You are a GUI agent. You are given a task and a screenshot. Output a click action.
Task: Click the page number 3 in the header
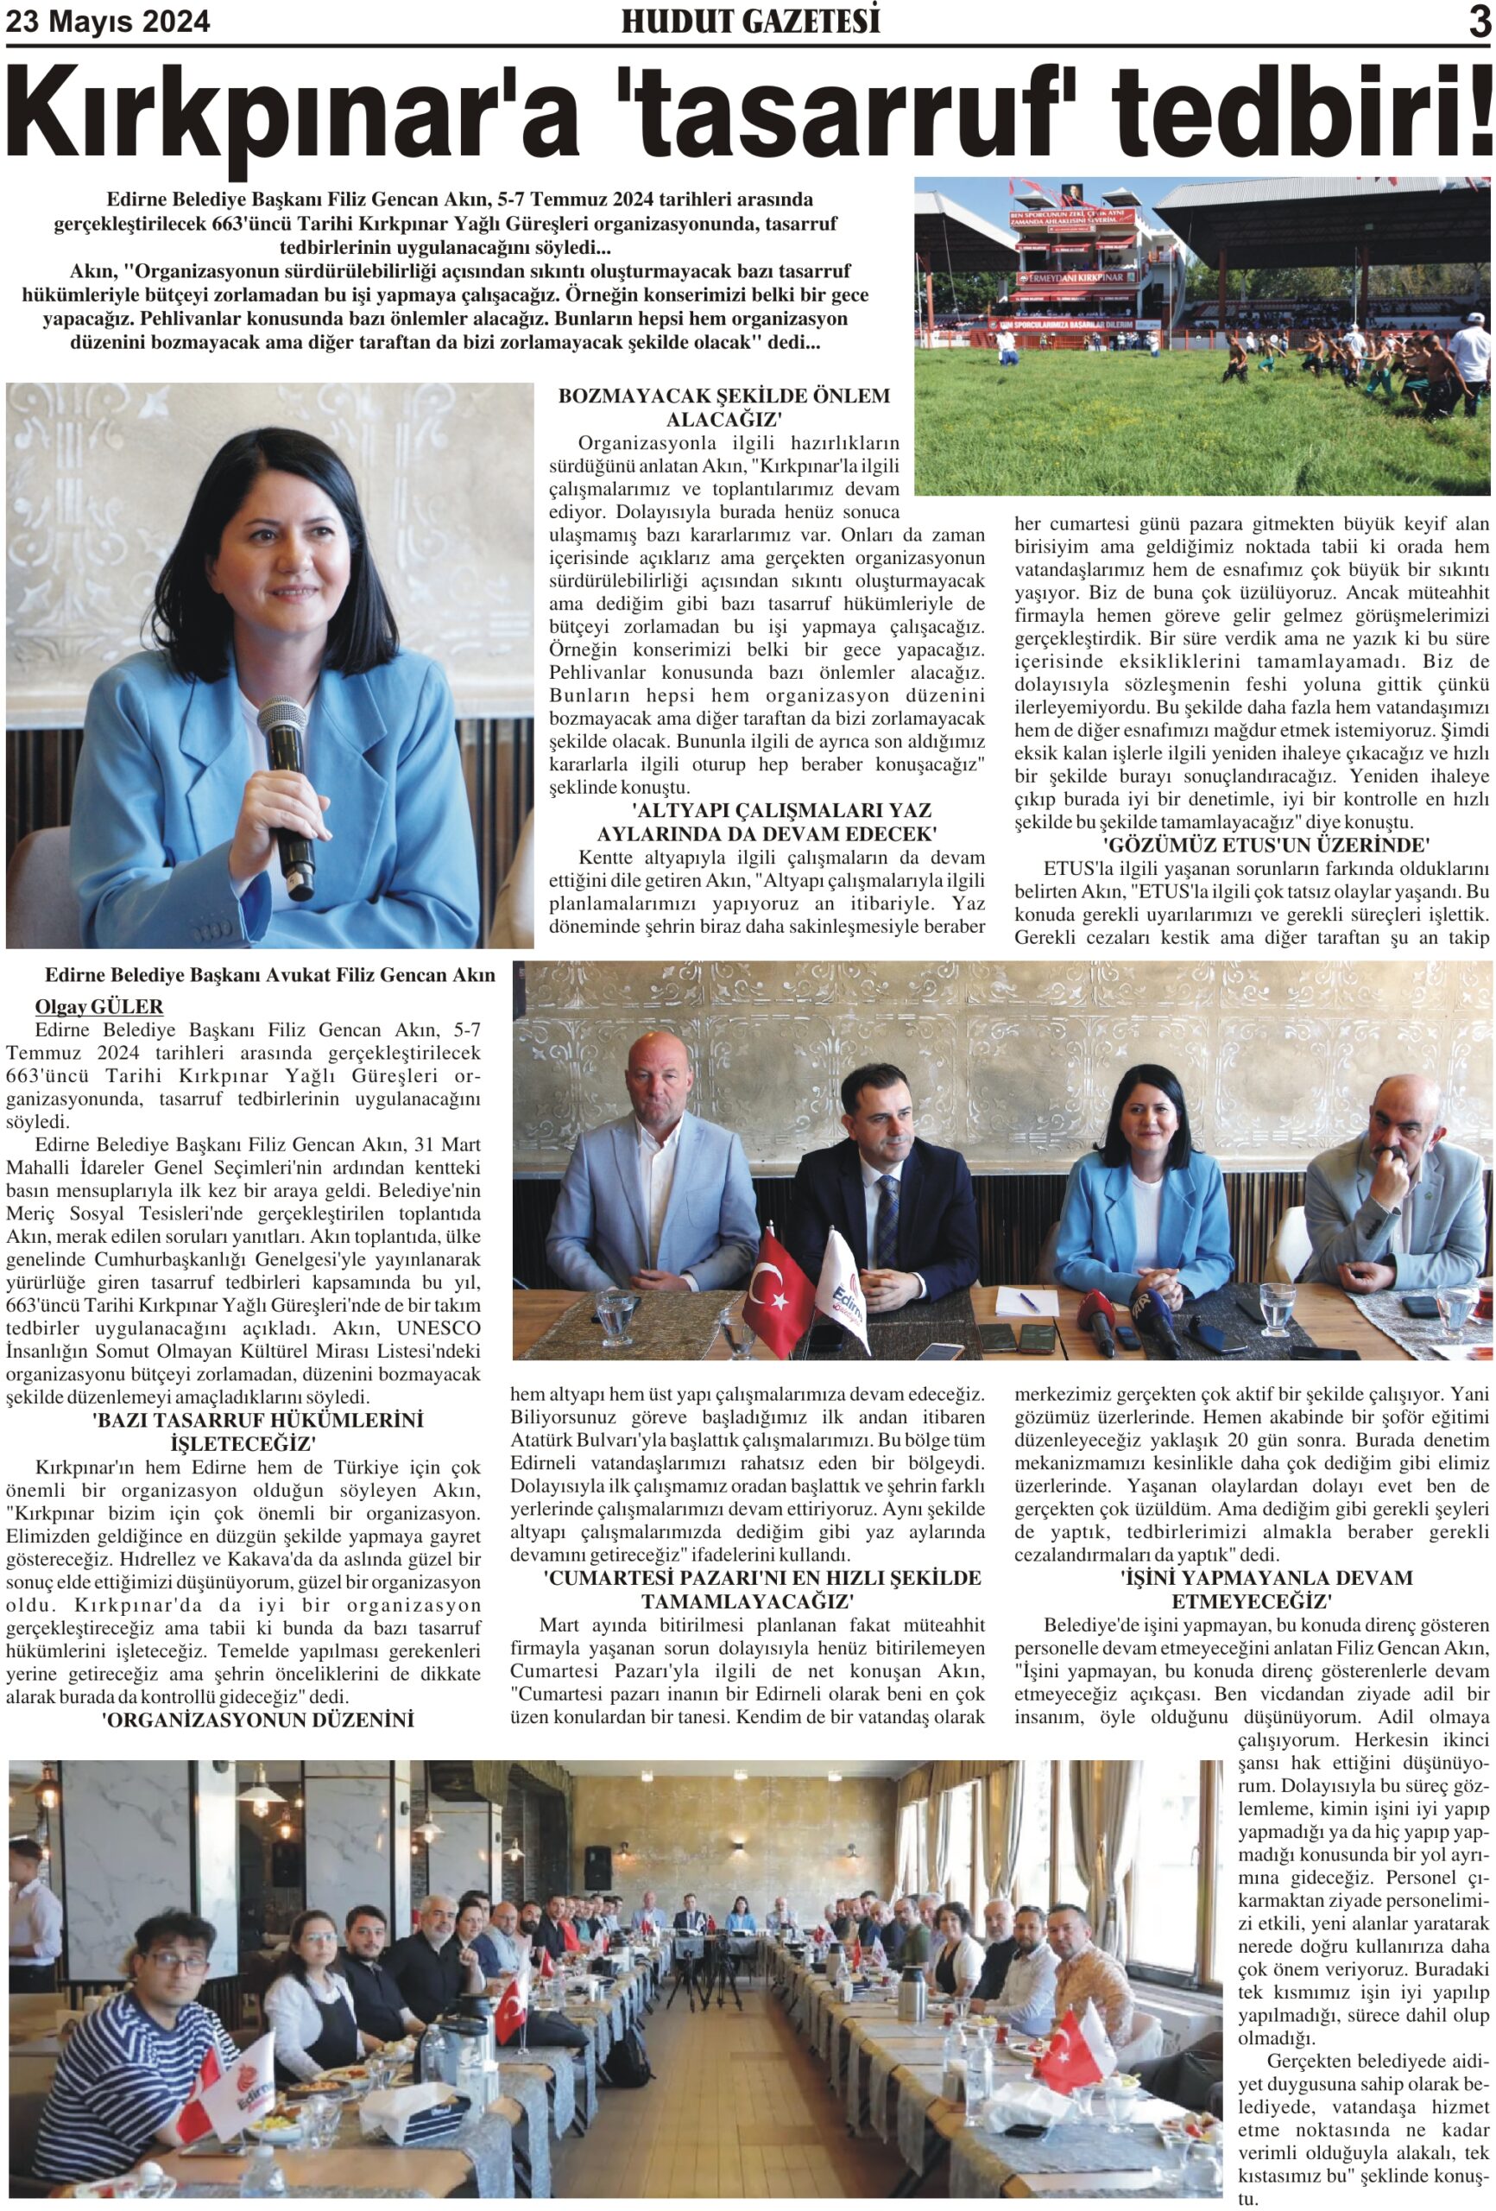[1479, 22]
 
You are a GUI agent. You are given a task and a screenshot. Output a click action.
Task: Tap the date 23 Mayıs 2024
[109, 21]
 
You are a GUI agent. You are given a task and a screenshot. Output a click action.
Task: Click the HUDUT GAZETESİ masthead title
[749, 21]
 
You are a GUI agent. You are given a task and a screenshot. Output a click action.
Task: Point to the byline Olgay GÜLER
[99, 1006]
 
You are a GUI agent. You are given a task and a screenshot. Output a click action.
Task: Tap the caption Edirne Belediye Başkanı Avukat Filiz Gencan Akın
[270, 975]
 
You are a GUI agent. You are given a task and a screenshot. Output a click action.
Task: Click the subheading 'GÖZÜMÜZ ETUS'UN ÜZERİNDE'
[1266, 844]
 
